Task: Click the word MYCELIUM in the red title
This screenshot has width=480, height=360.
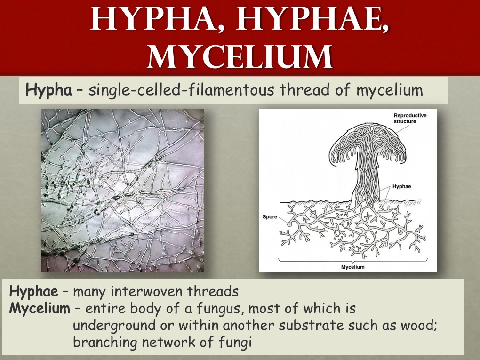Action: point(240,57)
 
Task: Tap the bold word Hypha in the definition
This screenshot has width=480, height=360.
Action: point(49,91)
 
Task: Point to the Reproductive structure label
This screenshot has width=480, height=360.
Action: point(410,119)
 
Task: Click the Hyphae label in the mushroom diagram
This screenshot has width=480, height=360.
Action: point(401,186)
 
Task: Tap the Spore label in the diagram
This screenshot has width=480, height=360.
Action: point(270,217)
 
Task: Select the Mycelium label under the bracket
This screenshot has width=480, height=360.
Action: point(352,267)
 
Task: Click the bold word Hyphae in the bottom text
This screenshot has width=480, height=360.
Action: point(34,291)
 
